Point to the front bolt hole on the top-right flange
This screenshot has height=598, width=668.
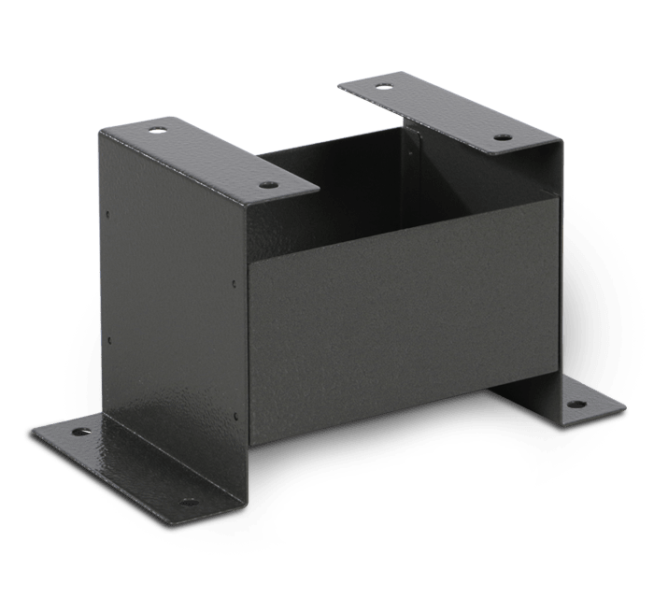[502, 137]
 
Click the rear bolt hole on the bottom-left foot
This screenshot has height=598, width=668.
[78, 434]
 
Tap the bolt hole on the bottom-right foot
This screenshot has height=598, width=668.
[576, 405]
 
